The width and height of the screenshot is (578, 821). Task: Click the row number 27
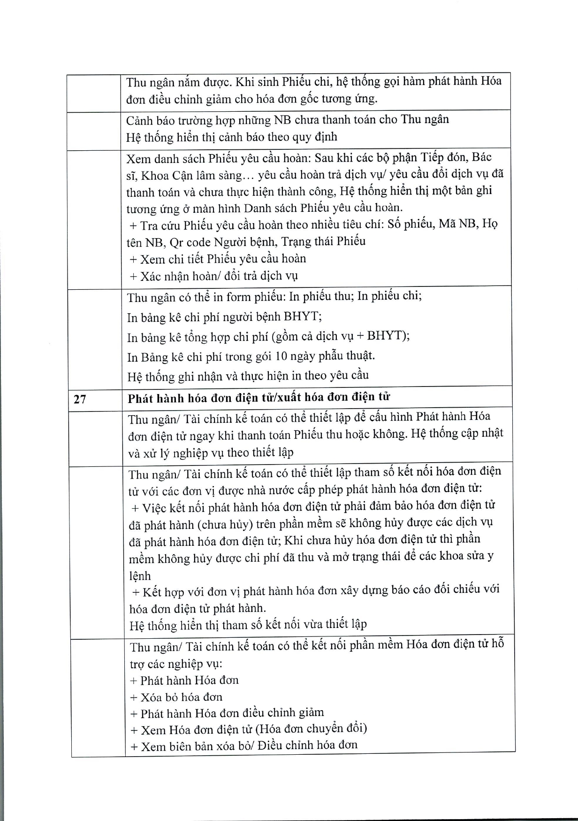point(80,399)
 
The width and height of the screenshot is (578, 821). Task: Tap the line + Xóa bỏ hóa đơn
point(176,697)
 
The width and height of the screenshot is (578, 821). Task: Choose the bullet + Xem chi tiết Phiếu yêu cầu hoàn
point(218,259)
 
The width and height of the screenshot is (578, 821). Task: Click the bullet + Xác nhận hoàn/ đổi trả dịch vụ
point(214,276)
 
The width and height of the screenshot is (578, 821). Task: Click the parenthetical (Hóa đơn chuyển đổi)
point(312,728)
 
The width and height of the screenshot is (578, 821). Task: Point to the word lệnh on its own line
point(140,576)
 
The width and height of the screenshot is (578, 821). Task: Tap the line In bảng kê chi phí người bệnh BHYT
point(224,317)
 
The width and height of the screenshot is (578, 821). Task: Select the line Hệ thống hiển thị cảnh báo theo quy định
point(232,137)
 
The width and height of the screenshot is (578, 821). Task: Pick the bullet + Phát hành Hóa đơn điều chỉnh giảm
point(227,713)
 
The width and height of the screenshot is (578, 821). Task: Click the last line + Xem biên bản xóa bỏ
point(244,745)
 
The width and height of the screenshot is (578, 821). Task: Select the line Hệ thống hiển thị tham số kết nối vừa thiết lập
point(248,625)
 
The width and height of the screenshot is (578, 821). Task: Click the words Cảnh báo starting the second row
point(149,120)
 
